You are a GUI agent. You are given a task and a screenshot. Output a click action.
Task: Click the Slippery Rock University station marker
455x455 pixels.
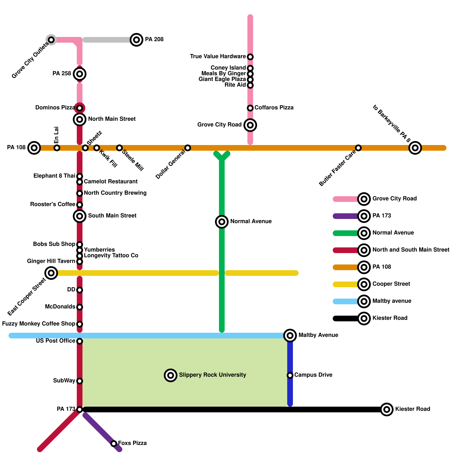(x=171, y=375)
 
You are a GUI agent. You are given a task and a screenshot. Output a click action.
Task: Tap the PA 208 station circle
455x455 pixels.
(x=136, y=40)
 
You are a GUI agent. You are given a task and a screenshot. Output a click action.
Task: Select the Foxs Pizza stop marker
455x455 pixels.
(x=114, y=443)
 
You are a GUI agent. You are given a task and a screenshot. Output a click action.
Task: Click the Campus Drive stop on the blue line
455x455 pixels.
(x=290, y=375)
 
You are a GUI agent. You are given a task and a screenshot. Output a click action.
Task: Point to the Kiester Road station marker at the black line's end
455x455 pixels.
(x=387, y=409)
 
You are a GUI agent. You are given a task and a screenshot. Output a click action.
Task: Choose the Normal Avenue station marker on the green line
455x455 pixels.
(x=222, y=222)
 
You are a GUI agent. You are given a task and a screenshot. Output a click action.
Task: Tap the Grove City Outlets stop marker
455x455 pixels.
(x=51, y=40)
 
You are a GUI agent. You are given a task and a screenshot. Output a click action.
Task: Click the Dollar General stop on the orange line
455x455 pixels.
(x=188, y=148)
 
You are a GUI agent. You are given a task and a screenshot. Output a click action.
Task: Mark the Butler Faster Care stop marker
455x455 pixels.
(x=358, y=148)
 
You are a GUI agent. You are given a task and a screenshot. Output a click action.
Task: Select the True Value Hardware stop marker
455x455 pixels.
(x=250, y=57)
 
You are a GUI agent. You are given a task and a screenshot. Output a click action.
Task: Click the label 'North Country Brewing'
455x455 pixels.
(x=115, y=193)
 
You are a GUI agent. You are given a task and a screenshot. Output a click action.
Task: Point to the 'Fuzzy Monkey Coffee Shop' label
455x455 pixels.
(x=38, y=324)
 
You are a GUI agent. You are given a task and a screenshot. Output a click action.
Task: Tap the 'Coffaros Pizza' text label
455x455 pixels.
(x=274, y=107)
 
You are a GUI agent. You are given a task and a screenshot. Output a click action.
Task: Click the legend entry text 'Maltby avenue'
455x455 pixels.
(x=392, y=301)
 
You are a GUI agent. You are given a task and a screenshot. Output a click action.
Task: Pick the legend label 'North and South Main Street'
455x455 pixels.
(x=411, y=250)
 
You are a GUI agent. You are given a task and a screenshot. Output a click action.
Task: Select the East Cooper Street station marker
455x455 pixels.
(x=51, y=273)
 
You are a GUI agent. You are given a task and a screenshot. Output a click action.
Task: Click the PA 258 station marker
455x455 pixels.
(x=80, y=74)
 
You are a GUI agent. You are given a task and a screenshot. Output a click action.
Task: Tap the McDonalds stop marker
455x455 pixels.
(x=80, y=307)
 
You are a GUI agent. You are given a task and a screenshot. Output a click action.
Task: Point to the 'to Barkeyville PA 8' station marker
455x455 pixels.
(x=415, y=148)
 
